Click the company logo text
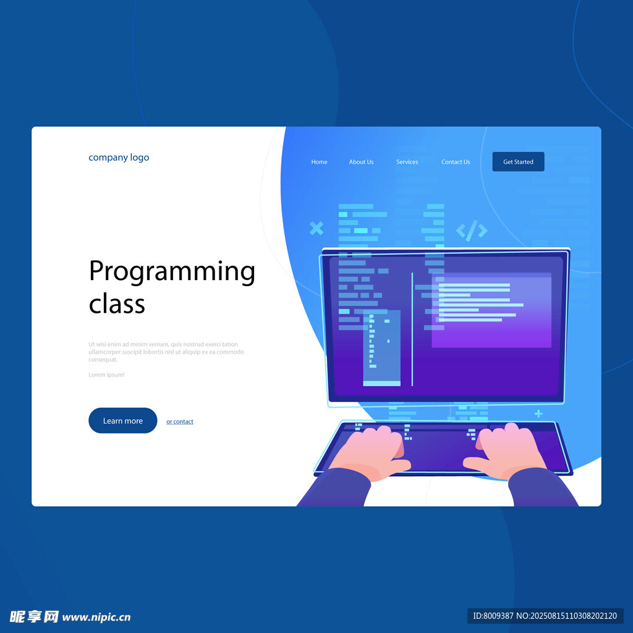[x=119, y=158]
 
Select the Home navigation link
[x=320, y=162]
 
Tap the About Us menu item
[x=361, y=162]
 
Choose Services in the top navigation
[x=407, y=162]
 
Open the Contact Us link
[x=456, y=162]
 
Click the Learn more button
[x=123, y=420]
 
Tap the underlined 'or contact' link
[x=180, y=422]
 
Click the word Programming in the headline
[x=172, y=272]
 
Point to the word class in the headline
[x=117, y=304]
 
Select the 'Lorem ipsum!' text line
[x=106, y=375]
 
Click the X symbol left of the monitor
[x=316, y=228]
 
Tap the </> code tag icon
[x=472, y=231]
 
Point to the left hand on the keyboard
[x=372, y=451]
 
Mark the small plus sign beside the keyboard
[x=538, y=414]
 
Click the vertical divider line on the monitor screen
[x=412, y=329]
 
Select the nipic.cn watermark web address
[x=96, y=618]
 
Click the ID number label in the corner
[x=545, y=616]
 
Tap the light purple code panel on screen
[x=491, y=310]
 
